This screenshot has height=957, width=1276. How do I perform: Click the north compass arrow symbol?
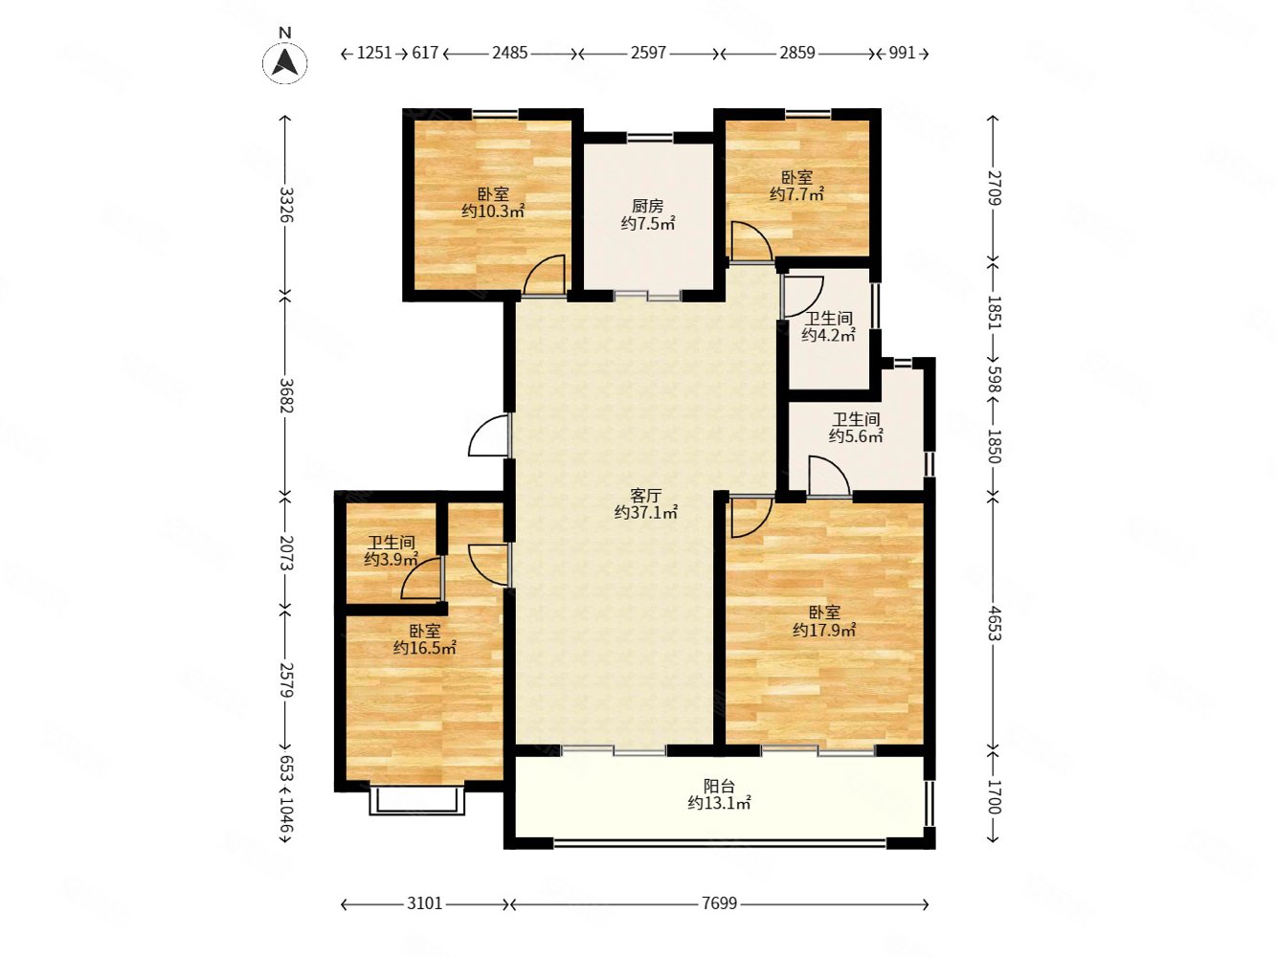click(x=284, y=62)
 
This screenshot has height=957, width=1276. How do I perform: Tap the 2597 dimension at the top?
click(x=648, y=54)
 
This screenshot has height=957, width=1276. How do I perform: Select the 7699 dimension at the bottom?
click(x=719, y=903)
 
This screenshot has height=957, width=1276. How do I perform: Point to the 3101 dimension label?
click(x=424, y=903)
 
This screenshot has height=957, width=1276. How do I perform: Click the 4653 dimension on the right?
click(x=995, y=623)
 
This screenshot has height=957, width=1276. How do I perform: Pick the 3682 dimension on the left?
click(x=286, y=395)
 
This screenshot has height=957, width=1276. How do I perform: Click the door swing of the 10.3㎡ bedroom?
click(x=544, y=275)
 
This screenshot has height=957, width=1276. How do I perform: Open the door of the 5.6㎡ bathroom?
click(x=828, y=477)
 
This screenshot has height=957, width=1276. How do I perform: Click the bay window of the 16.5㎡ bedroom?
click(x=416, y=801)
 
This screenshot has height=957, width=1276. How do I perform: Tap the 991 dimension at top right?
click(x=903, y=54)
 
